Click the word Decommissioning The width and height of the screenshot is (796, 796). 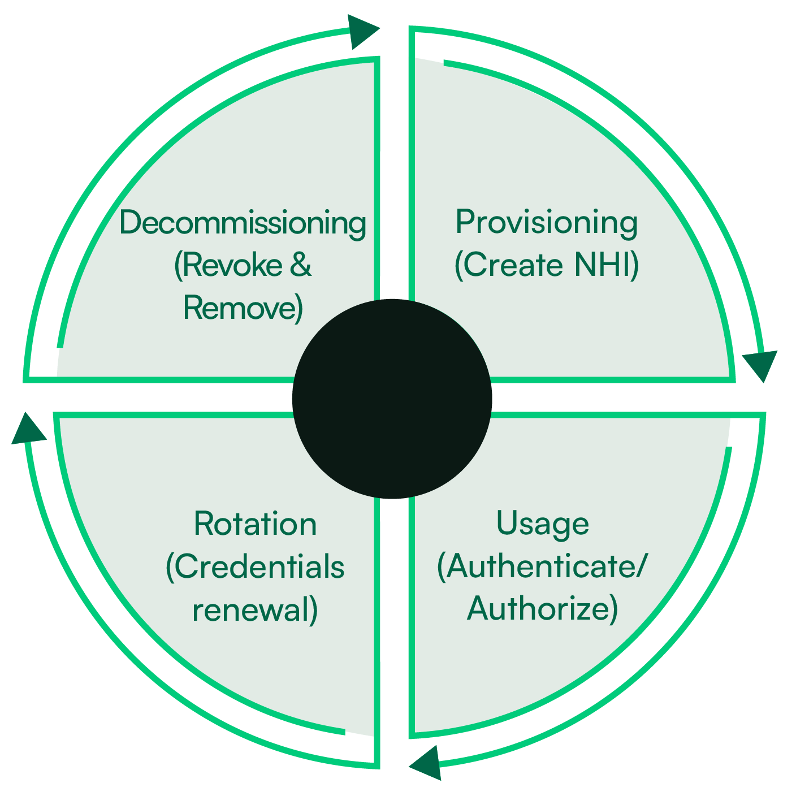pyautogui.click(x=243, y=223)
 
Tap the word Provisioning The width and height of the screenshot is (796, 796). pyautogui.click(x=547, y=223)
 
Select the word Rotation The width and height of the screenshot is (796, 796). pyautogui.click(x=255, y=524)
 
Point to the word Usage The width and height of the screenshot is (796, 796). pyautogui.click(x=543, y=524)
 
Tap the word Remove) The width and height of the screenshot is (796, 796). pyautogui.click(x=243, y=308)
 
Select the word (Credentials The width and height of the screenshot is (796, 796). pyautogui.click(x=255, y=567)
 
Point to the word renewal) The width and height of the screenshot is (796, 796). pyautogui.click(x=255, y=610)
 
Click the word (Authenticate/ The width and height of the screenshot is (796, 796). pyautogui.click(x=540, y=567)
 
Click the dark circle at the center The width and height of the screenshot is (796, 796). pyautogui.click(x=392, y=399)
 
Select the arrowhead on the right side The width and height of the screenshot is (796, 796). pyautogui.click(x=760, y=364)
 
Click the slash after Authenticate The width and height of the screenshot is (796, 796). pyautogui.click(x=639, y=567)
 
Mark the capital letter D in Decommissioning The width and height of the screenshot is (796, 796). pyautogui.click(x=130, y=222)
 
